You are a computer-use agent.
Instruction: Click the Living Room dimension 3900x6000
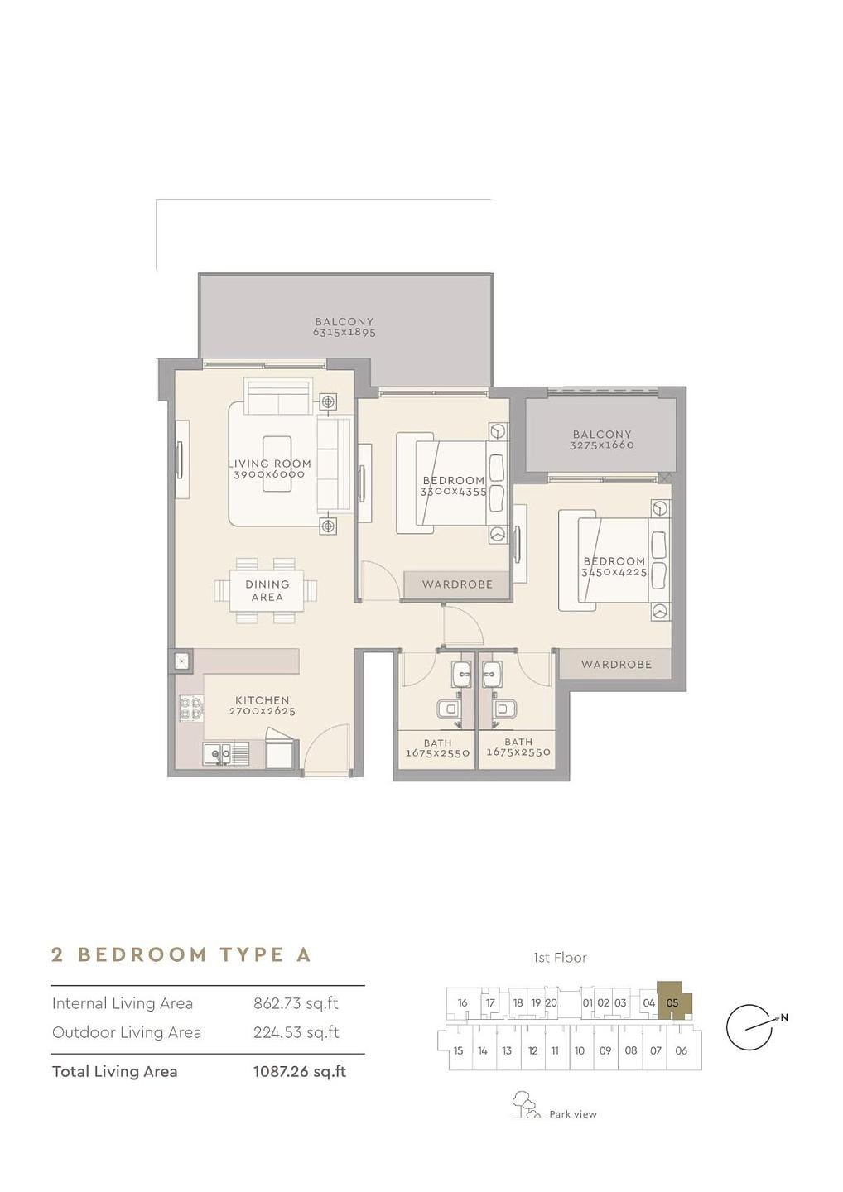pyautogui.click(x=269, y=474)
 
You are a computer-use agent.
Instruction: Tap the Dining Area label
pyautogui.click(x=267, y=591)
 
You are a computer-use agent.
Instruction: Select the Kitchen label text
pyautogui.click(x=263, y=700)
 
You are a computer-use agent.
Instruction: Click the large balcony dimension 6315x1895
pyautogui.click(x=344, y=333)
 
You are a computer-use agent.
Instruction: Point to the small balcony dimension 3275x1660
pyautogui.click(x=602, y=445)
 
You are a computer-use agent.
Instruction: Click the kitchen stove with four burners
pyautogui.click(x=191, y=708)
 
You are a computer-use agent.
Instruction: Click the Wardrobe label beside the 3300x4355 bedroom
pyautogui.click(x=457, y=584)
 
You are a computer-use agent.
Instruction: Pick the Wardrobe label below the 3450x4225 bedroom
pyautogui.click(x=616, y=664)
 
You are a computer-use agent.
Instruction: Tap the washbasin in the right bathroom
pyautogui.click(x=492, y=675)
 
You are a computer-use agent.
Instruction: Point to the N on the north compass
pyautogui.click(x=784, y=1018)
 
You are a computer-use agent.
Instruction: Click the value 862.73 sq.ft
pyautogui.click(x=296, y=1003)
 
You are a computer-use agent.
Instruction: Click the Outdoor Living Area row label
pyautogui.click(x=127, y=1032)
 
